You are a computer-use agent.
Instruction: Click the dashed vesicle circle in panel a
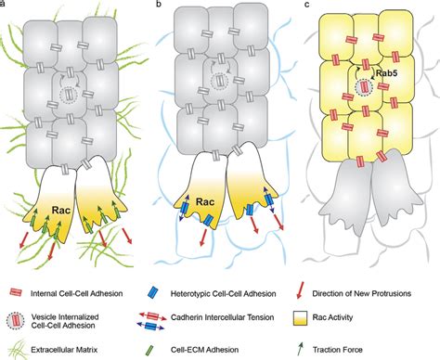67,95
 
